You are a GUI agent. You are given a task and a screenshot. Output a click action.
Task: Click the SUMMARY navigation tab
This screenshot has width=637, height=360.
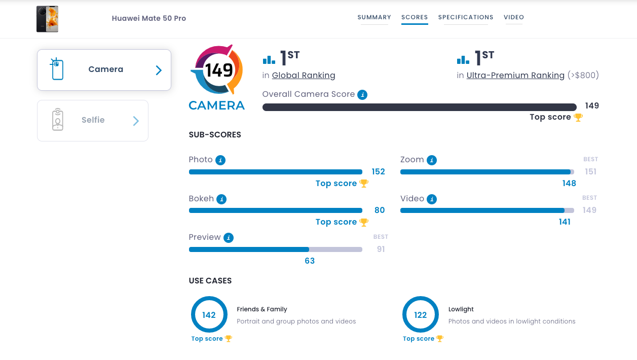tap(374, 17)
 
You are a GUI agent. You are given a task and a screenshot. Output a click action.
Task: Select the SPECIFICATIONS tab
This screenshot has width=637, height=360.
tap(466, 17)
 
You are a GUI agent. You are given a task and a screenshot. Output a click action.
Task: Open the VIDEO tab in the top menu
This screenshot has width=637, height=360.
tap(514, 17)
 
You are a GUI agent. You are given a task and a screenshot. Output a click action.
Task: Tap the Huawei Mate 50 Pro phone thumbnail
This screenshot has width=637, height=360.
tap(47, 19)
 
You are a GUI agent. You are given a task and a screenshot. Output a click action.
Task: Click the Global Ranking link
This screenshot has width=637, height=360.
tap(304, 76)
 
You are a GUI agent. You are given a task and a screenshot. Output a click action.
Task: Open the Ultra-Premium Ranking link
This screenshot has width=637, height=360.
tap(515, 76)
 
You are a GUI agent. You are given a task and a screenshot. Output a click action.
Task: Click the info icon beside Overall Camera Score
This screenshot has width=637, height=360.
tap(362, 94)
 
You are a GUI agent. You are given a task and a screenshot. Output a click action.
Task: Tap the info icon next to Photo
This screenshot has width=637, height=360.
tap(220, 160)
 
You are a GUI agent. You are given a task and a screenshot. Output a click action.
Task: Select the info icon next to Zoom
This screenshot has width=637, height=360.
tap(432, 160)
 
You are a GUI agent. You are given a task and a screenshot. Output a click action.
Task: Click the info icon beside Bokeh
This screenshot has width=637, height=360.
tap(221, 199)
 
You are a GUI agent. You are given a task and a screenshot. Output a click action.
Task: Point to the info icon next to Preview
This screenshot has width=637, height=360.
tap(229, 238)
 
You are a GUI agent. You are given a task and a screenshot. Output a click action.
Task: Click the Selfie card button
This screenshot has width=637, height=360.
tap(93, 121)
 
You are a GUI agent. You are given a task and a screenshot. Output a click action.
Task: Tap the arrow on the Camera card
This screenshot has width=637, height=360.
tap(159, 70)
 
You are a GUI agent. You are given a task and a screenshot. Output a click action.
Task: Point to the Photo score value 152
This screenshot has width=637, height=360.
tap(378, 172)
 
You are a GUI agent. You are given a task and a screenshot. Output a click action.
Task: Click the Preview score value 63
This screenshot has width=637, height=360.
tap(310, 261)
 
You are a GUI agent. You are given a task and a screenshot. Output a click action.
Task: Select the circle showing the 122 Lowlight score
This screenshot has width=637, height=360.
tap(421, 315)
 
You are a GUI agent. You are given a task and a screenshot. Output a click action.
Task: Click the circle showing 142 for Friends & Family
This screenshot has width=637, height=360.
tap(209, 315)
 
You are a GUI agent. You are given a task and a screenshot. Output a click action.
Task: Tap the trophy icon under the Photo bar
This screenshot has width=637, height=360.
tap(364, 184)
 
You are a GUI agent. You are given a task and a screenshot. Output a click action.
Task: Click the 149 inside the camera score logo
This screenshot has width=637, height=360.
tap(219, 70)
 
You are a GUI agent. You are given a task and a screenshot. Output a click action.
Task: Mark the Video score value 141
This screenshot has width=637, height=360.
tap(565, 222)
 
